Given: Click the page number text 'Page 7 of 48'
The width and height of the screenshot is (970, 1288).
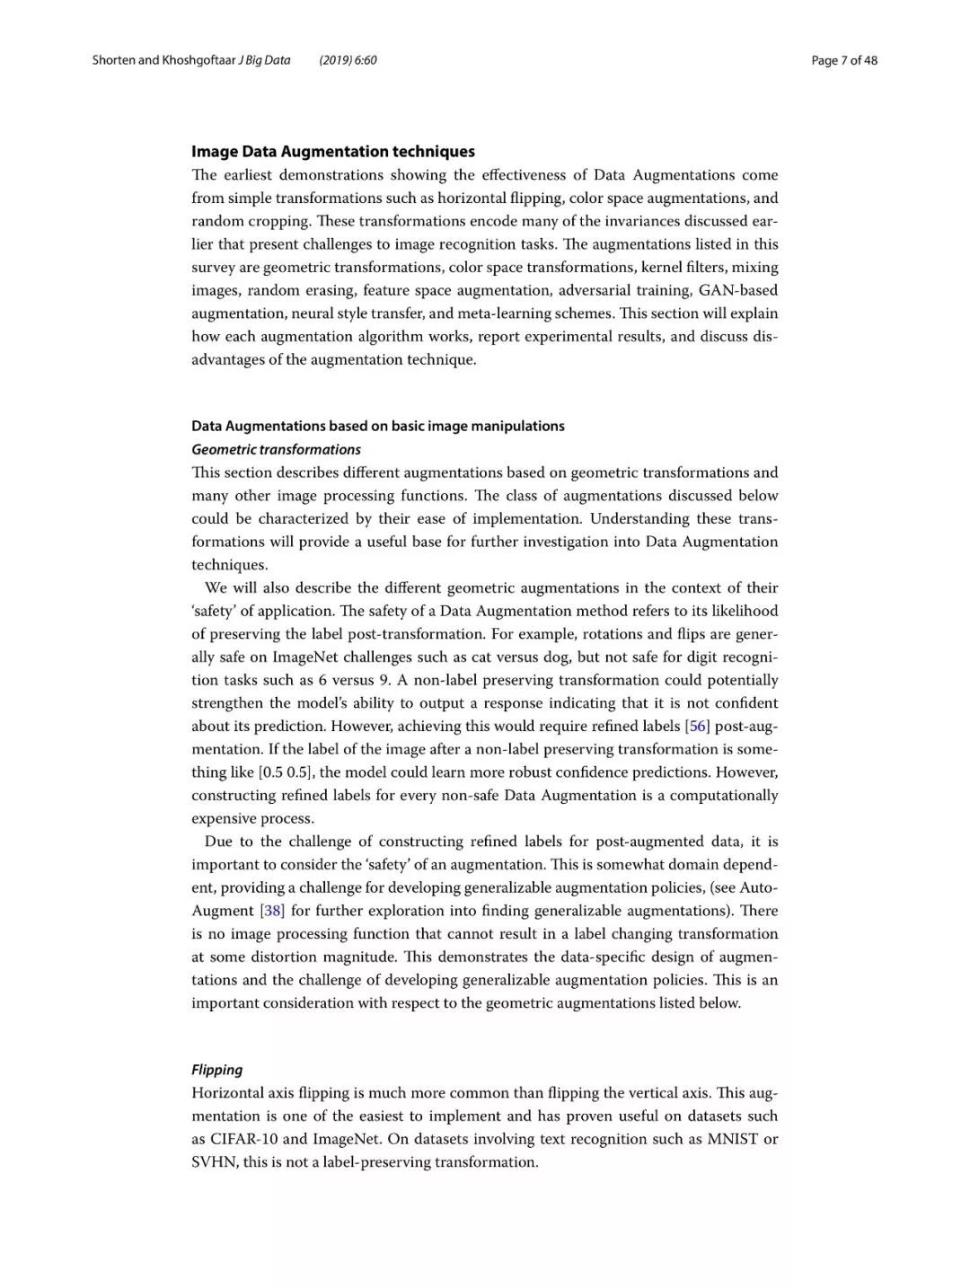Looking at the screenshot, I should [843, 60].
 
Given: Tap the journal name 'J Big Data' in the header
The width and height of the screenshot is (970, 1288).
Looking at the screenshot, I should [264, 60].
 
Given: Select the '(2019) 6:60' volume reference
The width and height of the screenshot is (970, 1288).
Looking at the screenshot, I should [348, 60].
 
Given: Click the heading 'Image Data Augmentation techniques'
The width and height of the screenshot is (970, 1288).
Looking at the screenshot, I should [332, 152].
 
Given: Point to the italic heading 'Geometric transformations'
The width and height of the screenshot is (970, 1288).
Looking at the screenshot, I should [276, 449].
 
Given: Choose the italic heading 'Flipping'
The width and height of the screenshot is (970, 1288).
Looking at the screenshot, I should [216, 1070].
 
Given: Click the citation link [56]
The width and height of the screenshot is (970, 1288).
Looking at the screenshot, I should [697, 726].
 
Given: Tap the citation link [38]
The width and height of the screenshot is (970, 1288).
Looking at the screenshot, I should [272, 911].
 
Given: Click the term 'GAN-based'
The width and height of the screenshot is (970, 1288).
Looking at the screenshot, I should [737, 290].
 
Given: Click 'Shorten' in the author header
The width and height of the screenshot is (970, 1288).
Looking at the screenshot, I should [113, 60].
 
